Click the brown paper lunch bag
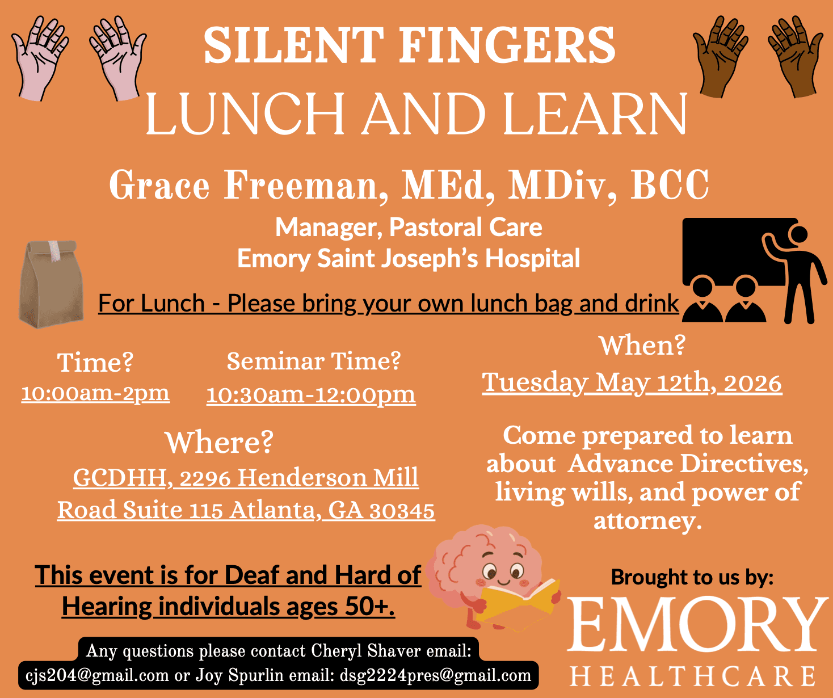[51, 284]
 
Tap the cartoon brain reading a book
[488, 573]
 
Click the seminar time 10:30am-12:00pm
[311, 395]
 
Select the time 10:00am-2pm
[95, 393]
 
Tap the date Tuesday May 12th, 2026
[632, 383]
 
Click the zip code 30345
[402, 511]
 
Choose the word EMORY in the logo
[697, 624]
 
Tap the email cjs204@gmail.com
[97, 675]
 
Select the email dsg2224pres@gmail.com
[435, 675]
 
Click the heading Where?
[219, 443]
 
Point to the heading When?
[642, 345]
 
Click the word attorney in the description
[647, 521]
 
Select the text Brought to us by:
[692, 577]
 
